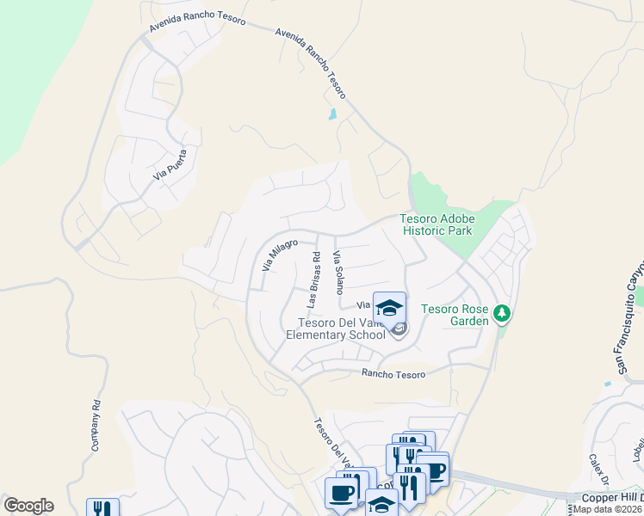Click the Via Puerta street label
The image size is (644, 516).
[x=170, y=163]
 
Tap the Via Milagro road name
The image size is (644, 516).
[x=279, y=256]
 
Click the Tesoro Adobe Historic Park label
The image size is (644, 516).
[x=437, y=225]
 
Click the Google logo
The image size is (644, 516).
[x=28, y=506]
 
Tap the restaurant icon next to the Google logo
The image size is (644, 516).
[x=102, y=507]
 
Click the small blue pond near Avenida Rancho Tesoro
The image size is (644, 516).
[x=332, y=114]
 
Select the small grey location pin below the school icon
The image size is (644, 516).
[x=398, y=329]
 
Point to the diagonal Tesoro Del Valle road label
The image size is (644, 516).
[x=329, y=439]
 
